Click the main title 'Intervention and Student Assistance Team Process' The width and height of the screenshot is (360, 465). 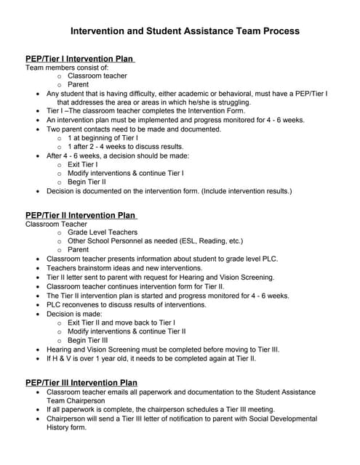coord(185,31)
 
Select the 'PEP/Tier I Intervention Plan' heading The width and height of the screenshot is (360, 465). coord(80,58)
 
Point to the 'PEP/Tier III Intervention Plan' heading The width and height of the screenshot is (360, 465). coord(82,382)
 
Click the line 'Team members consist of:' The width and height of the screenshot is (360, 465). coord(67,67)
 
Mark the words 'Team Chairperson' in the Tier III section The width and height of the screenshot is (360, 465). coord(79,400)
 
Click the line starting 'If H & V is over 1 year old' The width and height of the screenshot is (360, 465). coord(151,358)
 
